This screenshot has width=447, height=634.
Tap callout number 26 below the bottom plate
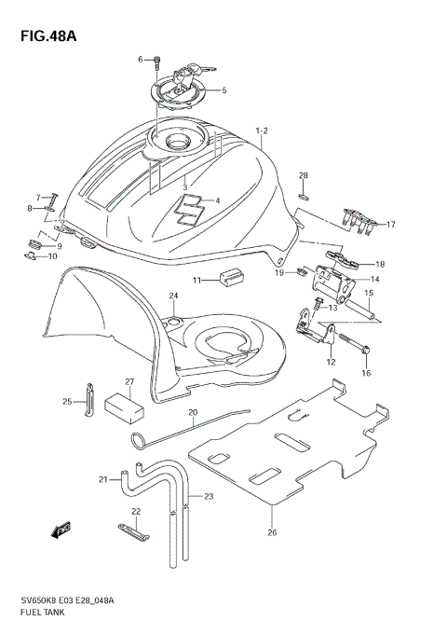[x=272, y=533]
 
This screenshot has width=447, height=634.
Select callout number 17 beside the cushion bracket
[x=391, y=225]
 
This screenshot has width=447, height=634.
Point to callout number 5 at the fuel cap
[x=223, y=90]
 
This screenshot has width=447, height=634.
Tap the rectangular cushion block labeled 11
[x=230, y=278]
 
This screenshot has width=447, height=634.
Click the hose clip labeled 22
[x=131, y=532]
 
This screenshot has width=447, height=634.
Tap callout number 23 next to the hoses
[x=209, y=496]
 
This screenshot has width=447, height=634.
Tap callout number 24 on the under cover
[x=173, y=296]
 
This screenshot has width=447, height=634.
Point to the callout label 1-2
[x=262, y=131]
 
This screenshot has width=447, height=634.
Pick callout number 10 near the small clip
[x=52, y=255]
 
